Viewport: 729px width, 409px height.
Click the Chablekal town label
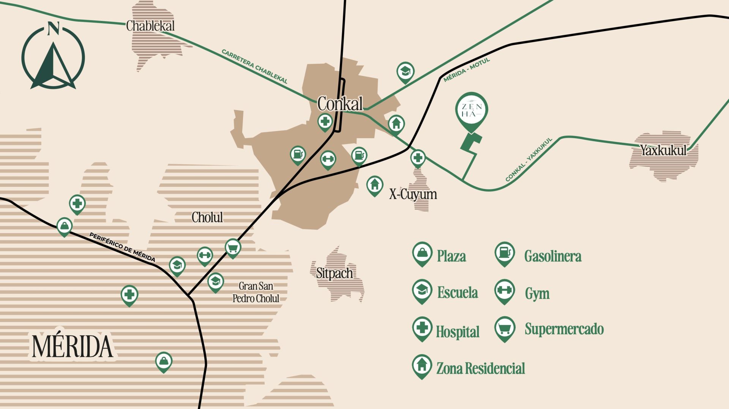coord(150,26)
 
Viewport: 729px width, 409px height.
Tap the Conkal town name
coord(340,104)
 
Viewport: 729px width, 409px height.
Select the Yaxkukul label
coord(663,150)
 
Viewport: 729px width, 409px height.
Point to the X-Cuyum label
coord(413,194)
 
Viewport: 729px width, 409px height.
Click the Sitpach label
coord(335,273)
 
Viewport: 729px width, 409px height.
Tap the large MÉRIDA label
coord(72,346)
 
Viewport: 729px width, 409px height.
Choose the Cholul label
coord(207,217)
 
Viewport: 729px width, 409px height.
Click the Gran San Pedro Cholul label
coord(256,292)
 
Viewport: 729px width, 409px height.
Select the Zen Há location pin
coord(471,110)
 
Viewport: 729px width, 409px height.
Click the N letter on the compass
coord(54,28)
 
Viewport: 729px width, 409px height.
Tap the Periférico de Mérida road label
coord(122,247)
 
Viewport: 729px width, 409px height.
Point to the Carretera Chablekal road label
coord(254,66)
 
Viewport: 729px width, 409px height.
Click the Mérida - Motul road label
coord(467,69)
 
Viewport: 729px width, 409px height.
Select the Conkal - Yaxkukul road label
coord(529,159)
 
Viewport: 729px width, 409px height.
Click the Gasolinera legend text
coord(553,256)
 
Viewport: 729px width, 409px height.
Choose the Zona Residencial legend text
coord(481,368)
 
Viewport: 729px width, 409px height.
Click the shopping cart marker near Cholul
coord(233,248)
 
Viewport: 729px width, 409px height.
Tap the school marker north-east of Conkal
coord(405,71)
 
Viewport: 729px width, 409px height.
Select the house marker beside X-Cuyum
coord(374,185)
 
